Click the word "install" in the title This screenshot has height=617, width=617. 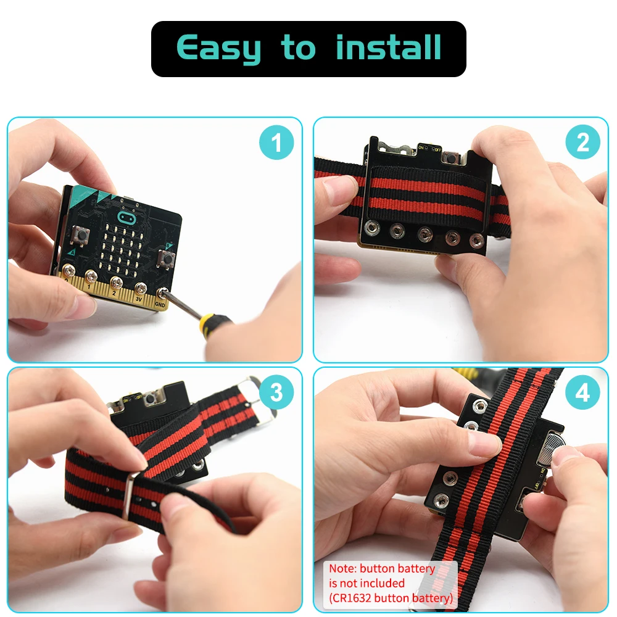click(389, 48)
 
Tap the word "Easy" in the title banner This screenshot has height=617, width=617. click(218, 49)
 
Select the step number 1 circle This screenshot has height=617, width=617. click(275, 143)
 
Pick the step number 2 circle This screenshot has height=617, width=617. click(582, 143)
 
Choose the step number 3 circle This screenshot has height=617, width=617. click(275, 393)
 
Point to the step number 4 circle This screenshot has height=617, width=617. click(582, 393)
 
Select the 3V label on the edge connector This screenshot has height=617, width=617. click(138, 299)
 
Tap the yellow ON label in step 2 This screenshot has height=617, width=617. click(421, 147)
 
